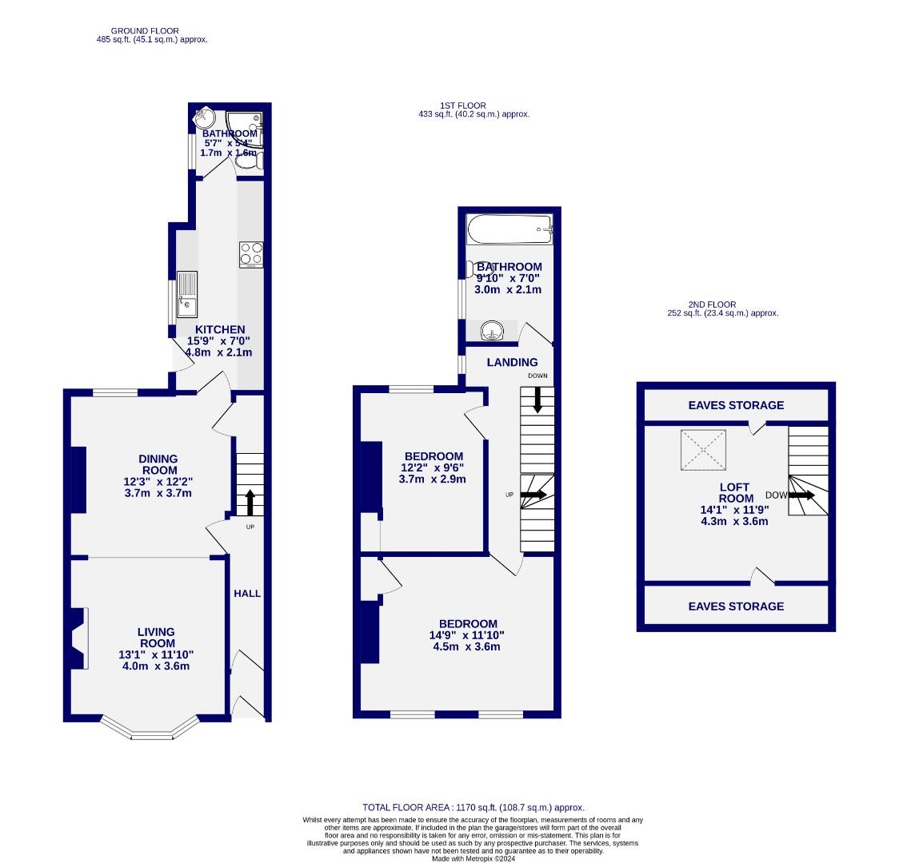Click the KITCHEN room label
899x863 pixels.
tap(220, 329)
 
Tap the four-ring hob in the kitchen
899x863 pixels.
tap(251, 254)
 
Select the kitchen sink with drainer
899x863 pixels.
tap(187, 294)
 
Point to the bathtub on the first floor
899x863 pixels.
tap(509, 229)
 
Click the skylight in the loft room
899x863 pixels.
tap(703, 450)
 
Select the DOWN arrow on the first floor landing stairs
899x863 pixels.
tap(537, 399)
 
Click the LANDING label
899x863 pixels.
tap(512, 362)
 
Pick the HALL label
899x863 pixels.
tap(247, 593)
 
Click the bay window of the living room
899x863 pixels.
tap(150, 730)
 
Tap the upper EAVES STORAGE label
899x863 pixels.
tap(736, 405)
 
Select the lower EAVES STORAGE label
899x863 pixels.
tap(736, 606)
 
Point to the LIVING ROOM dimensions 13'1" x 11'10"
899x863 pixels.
tap(156, 654)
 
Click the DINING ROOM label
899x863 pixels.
tap(158, 464)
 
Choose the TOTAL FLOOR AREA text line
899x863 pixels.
tap(473, 808)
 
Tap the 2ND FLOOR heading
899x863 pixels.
tap(712, 304)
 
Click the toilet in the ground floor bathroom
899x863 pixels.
tap(249, 161)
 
